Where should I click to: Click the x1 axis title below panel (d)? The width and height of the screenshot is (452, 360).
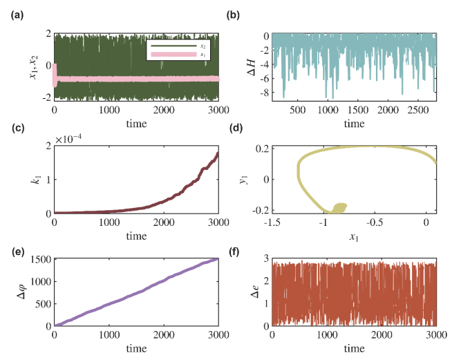click(x=355, y=236)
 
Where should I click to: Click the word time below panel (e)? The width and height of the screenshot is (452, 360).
click(x=136, y=346)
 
